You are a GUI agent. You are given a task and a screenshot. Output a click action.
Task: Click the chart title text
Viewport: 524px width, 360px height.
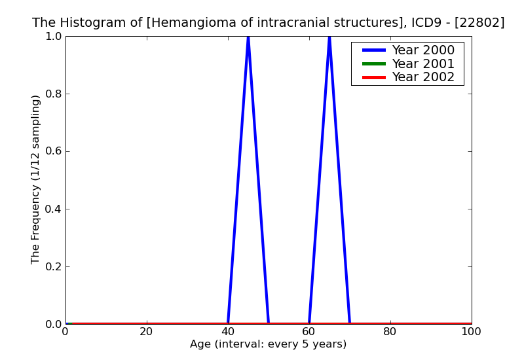(x=268, y=23)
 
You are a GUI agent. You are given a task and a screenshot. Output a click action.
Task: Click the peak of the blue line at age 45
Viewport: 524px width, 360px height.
(x=248, y=37)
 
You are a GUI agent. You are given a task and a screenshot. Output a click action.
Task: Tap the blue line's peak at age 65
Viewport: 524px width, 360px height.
(x=329, y=37)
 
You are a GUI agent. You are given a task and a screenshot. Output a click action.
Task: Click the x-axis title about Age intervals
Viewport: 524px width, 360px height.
(x=268, y=344)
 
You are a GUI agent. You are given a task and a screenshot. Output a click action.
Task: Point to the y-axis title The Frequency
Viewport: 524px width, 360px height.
(x=36, y=179)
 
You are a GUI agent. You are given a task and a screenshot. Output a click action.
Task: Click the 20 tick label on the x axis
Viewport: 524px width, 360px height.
(x=147, y=332)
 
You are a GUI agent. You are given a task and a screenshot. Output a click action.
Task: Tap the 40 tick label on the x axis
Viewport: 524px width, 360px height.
(x=228, y=332)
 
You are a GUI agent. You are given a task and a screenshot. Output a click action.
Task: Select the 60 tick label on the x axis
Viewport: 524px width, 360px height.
(x=309, y=332)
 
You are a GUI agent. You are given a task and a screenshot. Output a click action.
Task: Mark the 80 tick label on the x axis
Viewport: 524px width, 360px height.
(x=390, y=332)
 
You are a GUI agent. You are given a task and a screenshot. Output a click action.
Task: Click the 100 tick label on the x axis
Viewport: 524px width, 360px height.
(x=471, y=332)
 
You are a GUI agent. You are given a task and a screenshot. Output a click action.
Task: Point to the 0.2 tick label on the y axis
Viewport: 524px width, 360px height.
(x=52, y=266)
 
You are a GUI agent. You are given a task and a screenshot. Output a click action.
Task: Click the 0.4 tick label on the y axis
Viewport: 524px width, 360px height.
(x=52, y=209)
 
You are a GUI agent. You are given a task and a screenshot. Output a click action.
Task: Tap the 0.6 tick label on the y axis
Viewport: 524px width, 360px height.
(x=52, y=151)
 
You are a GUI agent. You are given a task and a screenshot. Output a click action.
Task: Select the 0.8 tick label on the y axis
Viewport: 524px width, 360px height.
(x=52, y=94)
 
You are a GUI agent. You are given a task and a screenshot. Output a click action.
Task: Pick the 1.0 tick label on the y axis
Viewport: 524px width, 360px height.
(x=52, y=36)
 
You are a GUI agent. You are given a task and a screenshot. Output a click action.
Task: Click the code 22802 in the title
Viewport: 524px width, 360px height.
(x=481, y=23)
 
